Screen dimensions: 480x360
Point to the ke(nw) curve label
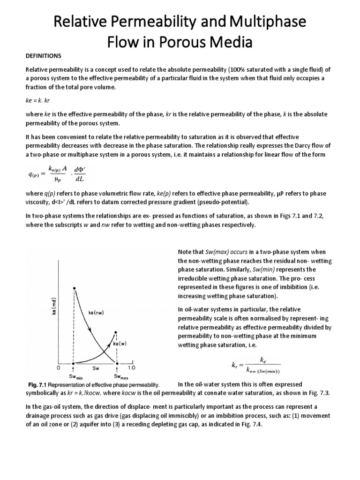pos(97,312)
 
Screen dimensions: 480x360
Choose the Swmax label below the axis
pos(118,376)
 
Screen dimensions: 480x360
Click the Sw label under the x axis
pos(96,368)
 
